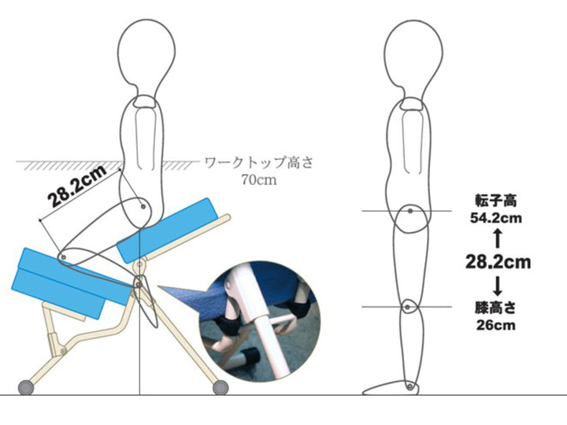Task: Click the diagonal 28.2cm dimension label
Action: [77, 188]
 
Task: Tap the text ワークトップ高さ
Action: [258, 164]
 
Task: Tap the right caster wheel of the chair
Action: [220, 386]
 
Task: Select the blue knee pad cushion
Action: [63, 282]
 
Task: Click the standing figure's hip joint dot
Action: [410, 211]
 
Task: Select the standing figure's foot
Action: [391, 389]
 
